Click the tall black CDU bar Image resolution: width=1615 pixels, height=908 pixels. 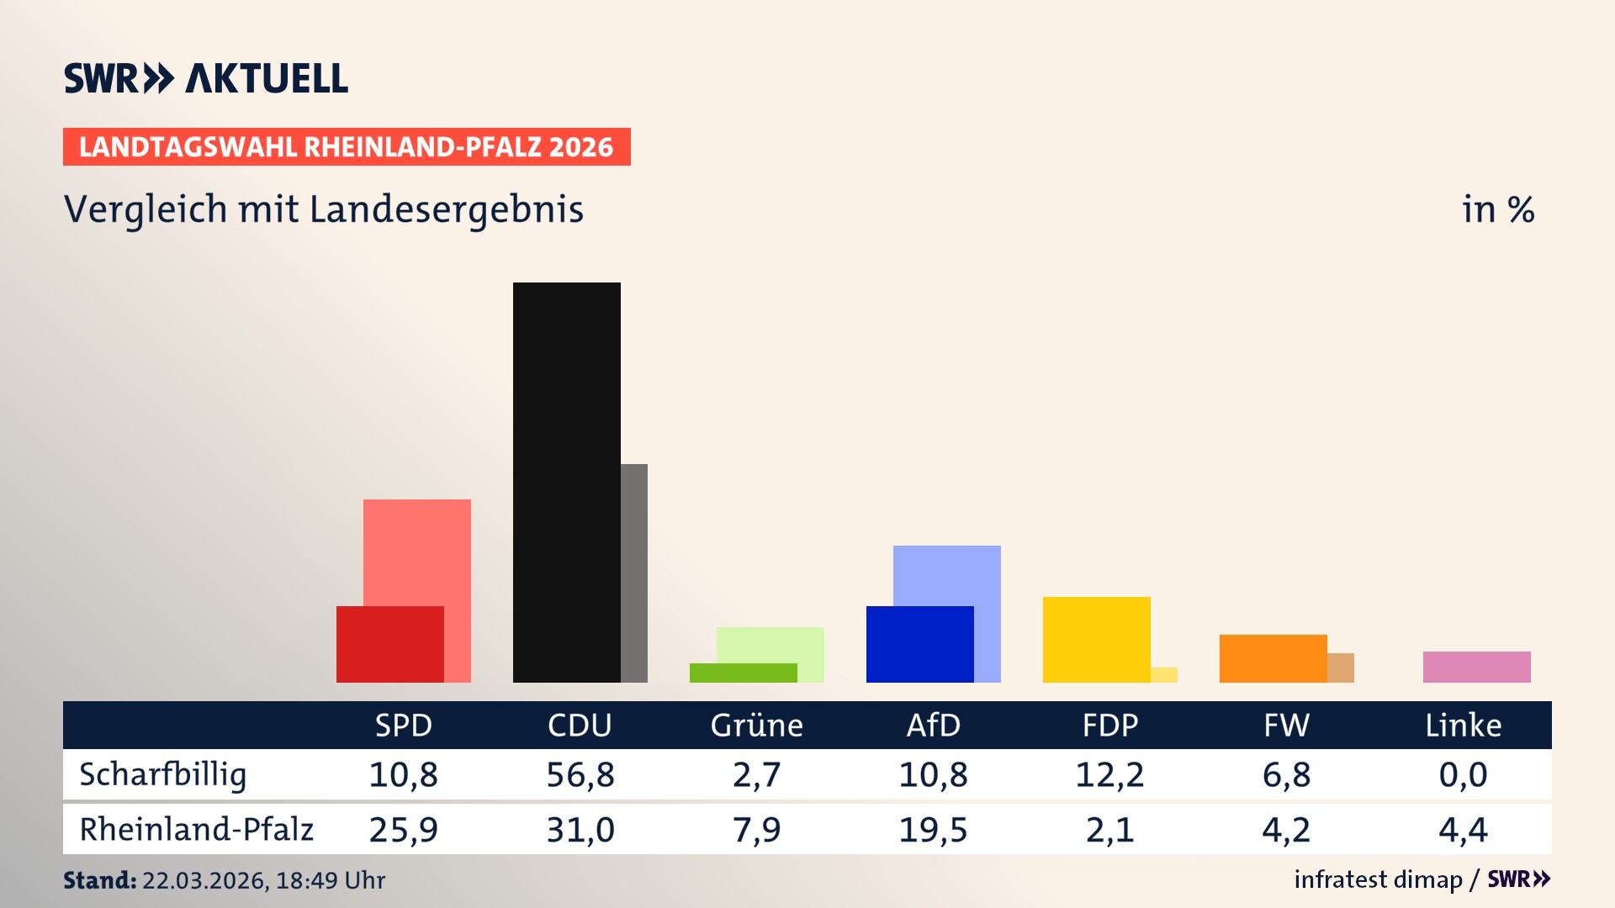coord(566,482)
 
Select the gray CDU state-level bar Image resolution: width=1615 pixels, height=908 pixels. coord(634,573)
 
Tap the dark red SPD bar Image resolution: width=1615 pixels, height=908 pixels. coord(389,644)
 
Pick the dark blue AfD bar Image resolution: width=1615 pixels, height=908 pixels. coord(919,644)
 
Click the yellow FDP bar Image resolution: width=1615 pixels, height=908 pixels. coord(1096,639)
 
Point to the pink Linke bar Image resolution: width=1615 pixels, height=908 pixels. coord(1476,667)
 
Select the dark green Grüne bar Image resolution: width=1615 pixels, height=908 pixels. coord(743,673)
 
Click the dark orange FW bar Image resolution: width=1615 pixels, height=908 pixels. coord(1273,658)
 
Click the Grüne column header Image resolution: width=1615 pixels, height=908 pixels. coord(756,725)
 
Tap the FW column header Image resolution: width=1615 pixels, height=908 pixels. coord(1286,725)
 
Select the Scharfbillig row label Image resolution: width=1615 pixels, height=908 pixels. coord(163,774)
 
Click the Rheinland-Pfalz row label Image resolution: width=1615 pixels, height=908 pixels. coord(196,829)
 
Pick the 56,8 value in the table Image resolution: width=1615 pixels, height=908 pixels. coord(580,774)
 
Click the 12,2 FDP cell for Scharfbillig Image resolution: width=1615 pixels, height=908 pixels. coord(1109,774)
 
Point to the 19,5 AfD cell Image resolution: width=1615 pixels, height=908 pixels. coord(933,830)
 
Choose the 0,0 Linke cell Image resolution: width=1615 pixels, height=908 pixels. coord(1463,774)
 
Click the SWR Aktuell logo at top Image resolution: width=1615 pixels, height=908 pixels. coord(206,78)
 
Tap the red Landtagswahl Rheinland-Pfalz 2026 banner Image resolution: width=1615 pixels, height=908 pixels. coord(347,147)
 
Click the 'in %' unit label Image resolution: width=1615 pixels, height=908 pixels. coord(1497,209)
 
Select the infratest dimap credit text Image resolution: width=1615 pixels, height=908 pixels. coord(1378,879)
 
